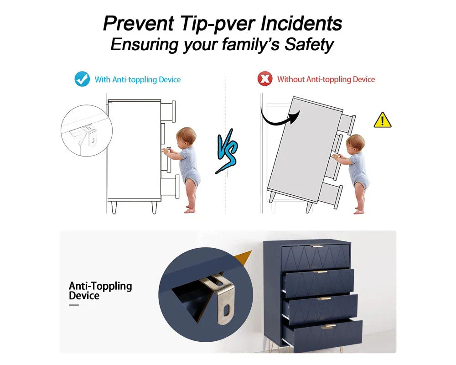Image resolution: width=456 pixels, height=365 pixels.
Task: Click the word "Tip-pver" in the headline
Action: tap(218, 24)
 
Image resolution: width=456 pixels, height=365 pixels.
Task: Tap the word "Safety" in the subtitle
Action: tap(309, 45)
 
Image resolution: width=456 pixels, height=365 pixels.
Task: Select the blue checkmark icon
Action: tap(82, 79)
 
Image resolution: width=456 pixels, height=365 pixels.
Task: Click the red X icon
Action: tap(265, 79)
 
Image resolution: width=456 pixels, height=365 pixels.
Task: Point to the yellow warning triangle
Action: tap(383, 120)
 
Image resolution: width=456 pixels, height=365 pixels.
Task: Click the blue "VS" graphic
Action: tap(227, 151)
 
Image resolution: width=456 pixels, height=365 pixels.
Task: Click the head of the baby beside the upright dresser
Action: tap(186, 136)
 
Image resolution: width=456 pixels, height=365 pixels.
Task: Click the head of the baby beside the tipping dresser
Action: tap(355, 143)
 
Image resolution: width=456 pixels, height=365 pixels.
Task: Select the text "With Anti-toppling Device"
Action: tap(138, 79)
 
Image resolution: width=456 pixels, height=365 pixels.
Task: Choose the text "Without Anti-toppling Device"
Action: tap(326, 79)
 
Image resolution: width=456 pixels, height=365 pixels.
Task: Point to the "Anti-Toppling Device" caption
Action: tap(100, 291)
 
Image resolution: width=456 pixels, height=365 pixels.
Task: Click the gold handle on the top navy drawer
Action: tap(317, 246)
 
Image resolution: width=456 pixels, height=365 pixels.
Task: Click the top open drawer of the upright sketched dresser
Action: tap(168, 112)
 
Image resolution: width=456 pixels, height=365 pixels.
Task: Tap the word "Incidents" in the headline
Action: tap(301, 23)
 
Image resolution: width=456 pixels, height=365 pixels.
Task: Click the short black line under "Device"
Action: tap(74, 305)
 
